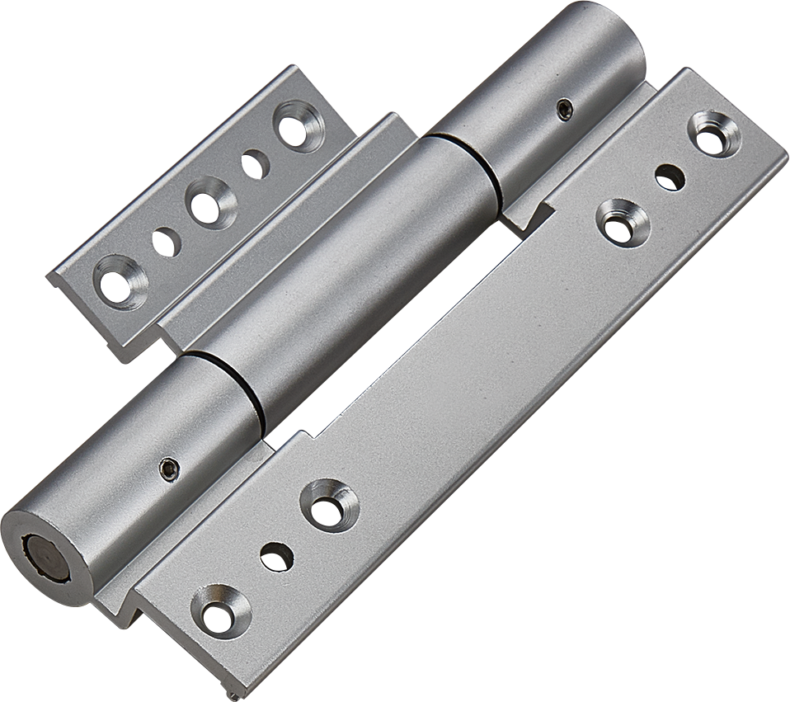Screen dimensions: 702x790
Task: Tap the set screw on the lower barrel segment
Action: (168, 468)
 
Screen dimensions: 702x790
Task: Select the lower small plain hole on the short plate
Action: (165, 242)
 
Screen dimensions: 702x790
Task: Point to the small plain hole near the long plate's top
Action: (670, 177)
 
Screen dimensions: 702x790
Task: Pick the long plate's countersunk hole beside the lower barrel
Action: (328, 506)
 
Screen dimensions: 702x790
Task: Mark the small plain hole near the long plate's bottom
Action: (276, 558)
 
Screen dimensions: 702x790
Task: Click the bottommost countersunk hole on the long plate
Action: (220, 611)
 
